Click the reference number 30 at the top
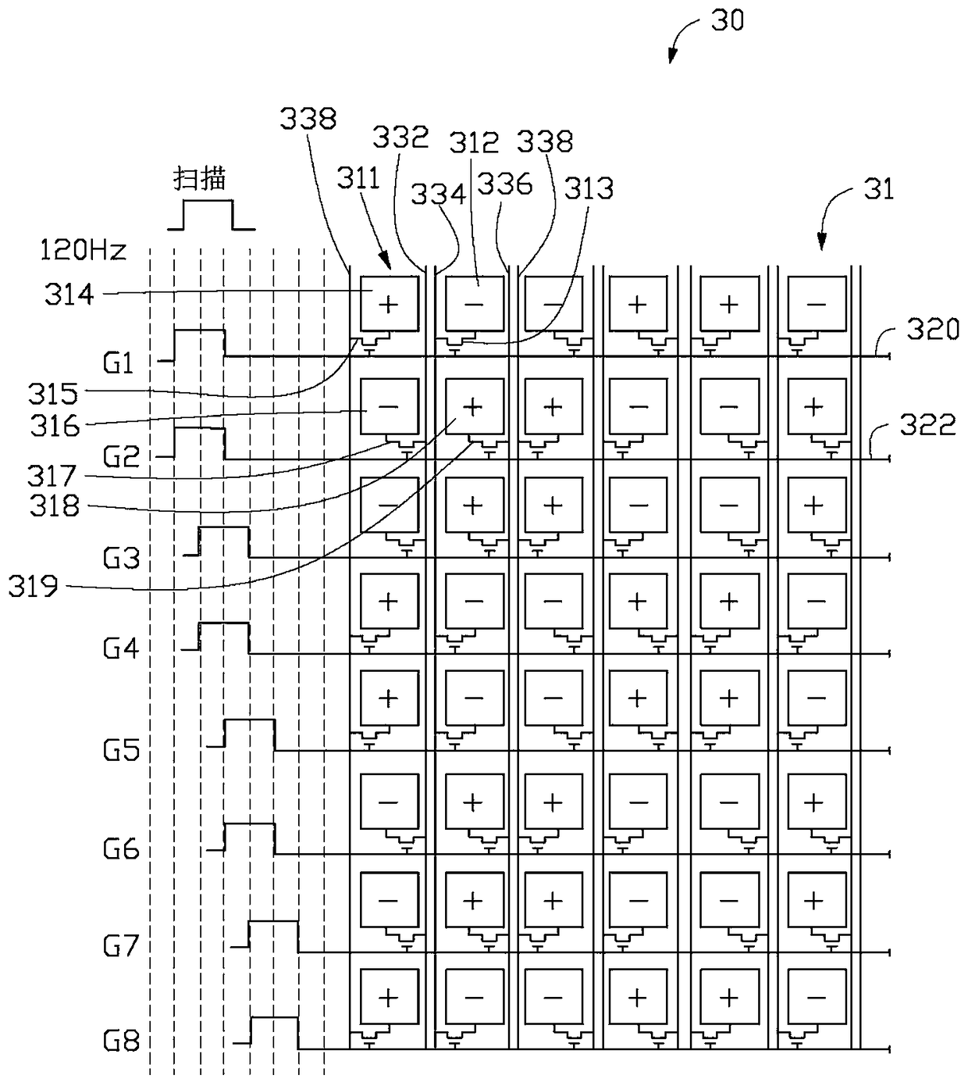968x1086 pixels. pos(727,21)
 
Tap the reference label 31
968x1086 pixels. pos(878,189)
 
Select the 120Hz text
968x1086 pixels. pos(83,250)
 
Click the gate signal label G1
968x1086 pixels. pos(118,364)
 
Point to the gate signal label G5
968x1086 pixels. pos(121,750)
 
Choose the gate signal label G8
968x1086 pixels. pos(121,1041)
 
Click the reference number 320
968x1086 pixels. pos(933,329)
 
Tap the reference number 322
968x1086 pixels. pos(927,424)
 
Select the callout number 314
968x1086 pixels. pos(69,295)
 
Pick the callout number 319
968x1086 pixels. pos(34,587)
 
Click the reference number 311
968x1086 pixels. pos(358,178)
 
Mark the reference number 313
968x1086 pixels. pos(589,189)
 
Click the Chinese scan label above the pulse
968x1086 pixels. pos(199,178)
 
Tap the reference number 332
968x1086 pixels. pos(400,137)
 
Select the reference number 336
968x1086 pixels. pos(504,184)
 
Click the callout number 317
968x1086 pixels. pos(52,476)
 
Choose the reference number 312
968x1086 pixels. pos(474,142)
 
